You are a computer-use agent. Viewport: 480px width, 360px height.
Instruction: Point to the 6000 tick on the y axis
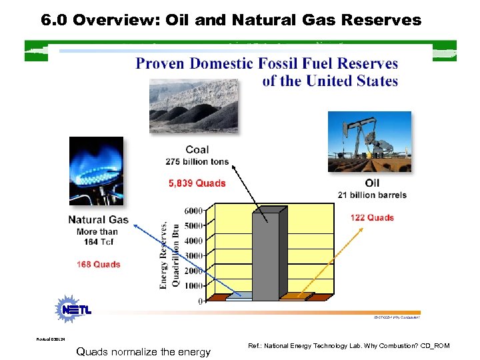[x=194, y=211]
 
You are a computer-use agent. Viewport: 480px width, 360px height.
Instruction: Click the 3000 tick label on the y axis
[x=194, y=256]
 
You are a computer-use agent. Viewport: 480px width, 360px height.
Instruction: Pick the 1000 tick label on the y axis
[x=194, y=286]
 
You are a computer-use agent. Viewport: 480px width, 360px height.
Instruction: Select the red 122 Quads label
[x=371, y=217]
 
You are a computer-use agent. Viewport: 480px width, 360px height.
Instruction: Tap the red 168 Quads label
[x=98, y=265]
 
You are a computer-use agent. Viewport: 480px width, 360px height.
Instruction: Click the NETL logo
[x=74, y=309]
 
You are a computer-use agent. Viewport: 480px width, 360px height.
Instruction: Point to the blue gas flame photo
[x=96, y=170]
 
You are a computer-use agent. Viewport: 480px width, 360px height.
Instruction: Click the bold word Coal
[x=197, y=150]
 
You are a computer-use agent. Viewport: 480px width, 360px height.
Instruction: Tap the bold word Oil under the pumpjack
[x=373, y=183]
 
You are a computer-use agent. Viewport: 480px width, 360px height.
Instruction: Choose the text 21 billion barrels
[x=372, y=195]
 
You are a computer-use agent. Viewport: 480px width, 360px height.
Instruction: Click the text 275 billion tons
[x=197, y=161]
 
